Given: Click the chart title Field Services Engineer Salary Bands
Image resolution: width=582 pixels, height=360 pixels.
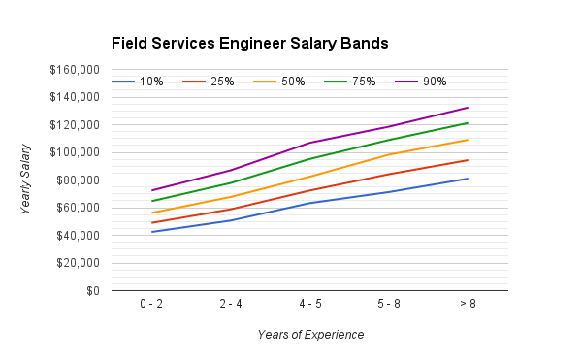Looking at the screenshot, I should click(x=249, y=44).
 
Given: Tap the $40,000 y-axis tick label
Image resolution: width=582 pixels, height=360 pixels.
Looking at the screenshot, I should click(x=76, y=236).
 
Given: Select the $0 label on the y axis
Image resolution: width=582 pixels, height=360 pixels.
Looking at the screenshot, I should click(x=90, y=291).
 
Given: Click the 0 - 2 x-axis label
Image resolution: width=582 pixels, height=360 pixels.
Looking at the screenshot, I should click(x=151, y=304).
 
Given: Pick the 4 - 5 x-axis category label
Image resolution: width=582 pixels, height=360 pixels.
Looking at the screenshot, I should click(x=310, y=304).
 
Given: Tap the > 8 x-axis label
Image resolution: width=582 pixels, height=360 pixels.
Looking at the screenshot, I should click(x=469, y=304).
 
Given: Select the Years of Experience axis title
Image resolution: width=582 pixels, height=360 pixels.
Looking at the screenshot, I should click(x=310, y=335).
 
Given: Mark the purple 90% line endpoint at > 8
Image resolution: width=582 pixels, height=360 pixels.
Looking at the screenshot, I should click(x=469, y=108).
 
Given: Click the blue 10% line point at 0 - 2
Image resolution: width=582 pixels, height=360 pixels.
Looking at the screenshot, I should click(x=151, y=232).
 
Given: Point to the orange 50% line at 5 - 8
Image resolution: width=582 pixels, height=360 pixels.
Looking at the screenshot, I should click(x=389, y=154).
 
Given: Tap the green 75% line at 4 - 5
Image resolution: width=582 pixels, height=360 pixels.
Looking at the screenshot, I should click(x=310, y=159).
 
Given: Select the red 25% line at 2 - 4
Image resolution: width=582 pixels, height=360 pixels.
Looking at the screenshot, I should click(x=231, y=209).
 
